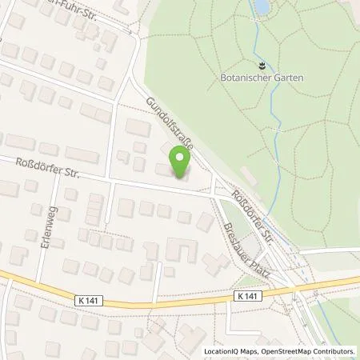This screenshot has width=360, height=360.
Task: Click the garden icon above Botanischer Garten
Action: tap(262, 63)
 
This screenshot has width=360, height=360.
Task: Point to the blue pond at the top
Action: tap(261, 7)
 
